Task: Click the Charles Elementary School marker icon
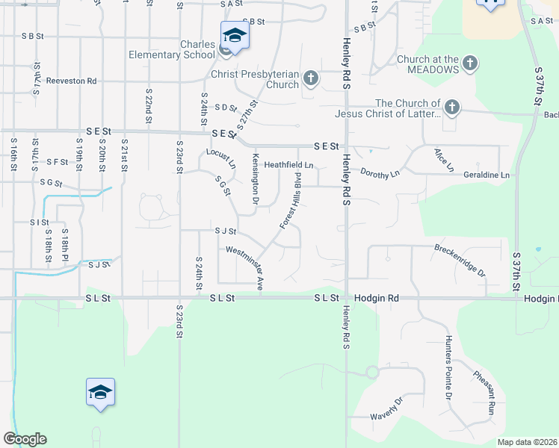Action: (x=235, y=36)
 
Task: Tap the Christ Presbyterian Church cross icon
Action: (x=311, y=78)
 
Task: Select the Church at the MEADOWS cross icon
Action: (x=470, y=63)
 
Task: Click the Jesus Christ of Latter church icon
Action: (x=451, y=108)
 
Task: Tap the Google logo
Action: (x=25, y=438)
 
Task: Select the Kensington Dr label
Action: (x=255, y=180)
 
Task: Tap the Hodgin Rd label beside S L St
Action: (x=377, y=298)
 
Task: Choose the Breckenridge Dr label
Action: (x=460, y=259)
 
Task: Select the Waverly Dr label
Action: (x=387, y=409)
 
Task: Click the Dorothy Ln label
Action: (x=382, y=172)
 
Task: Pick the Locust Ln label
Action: (x=221, y=159)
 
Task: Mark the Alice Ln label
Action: (x=444, y=159)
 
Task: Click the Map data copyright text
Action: (x=527, y=442)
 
